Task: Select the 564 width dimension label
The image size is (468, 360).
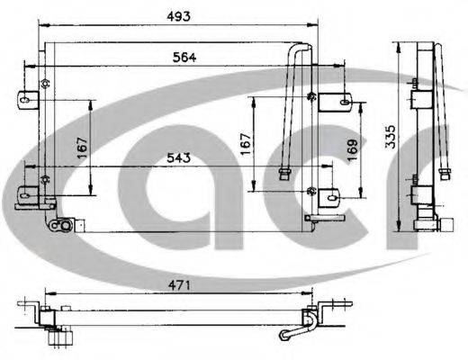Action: pos(184,56)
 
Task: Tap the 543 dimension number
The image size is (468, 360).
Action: pos(178,158)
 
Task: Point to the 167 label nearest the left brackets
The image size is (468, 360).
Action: pos(82,147)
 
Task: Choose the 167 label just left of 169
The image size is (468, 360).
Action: pos(245,144)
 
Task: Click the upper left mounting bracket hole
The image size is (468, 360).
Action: pos(41,88)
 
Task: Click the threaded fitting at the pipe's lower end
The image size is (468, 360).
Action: pos(285,171)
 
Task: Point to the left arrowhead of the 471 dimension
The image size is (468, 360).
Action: pos(46,293)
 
